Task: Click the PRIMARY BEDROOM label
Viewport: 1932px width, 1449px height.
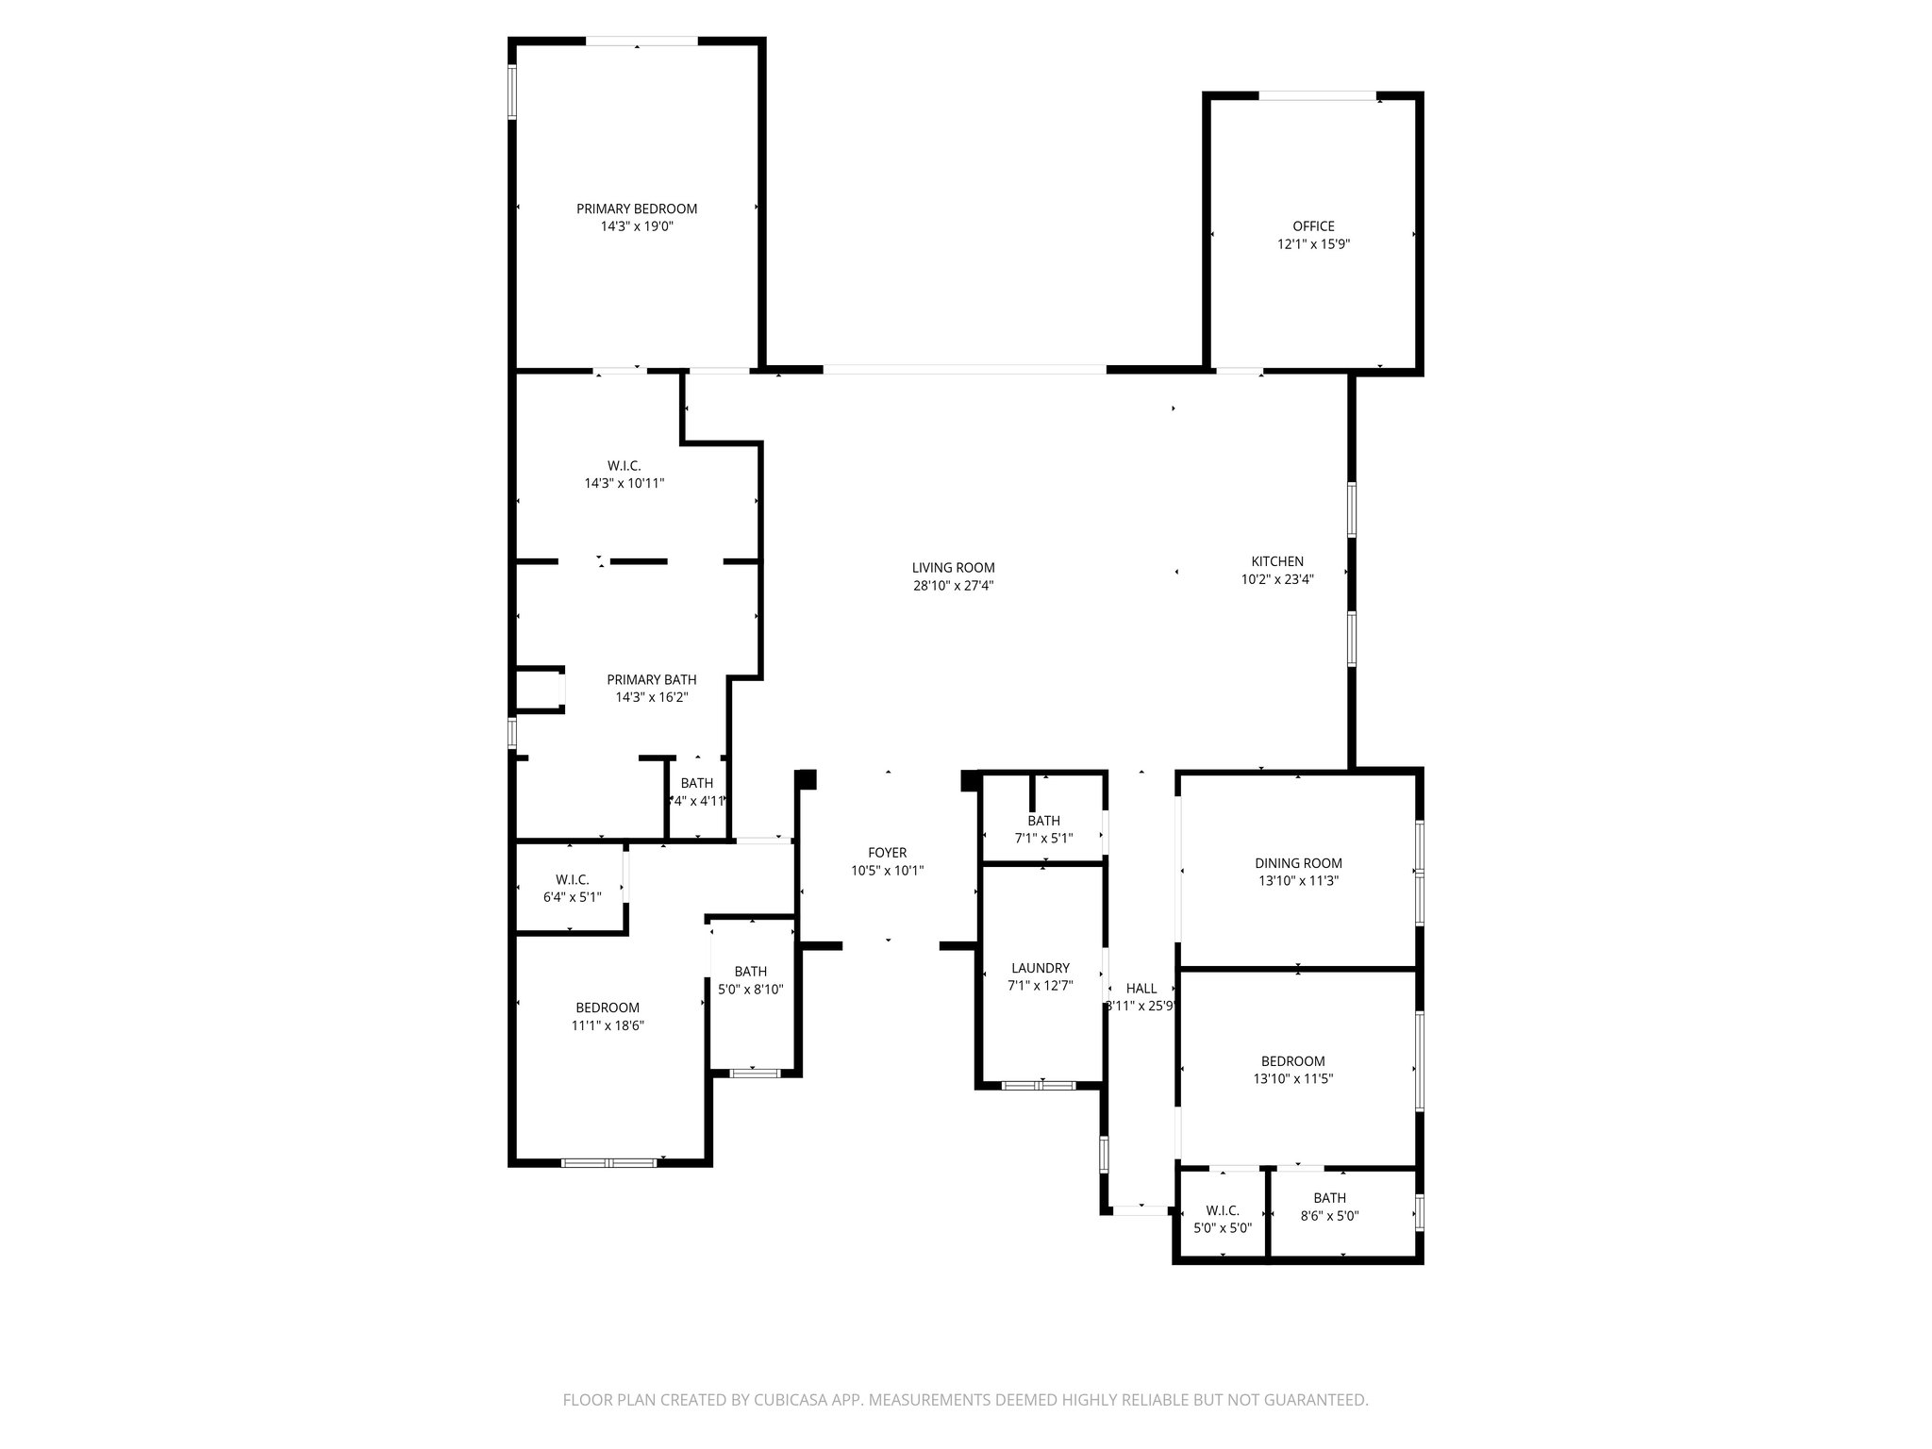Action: tap(637, 208)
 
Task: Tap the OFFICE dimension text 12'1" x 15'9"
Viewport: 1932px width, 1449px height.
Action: tap(1313, 244)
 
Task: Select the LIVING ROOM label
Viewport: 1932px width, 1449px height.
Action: tap(953, 568)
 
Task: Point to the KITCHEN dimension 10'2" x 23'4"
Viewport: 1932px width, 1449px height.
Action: tap(1277, 580)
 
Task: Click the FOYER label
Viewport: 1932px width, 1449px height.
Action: tap(887, 853)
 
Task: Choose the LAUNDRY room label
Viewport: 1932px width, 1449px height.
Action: tap(1040, 968)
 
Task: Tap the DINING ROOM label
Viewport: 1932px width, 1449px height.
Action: tap(1298, 863)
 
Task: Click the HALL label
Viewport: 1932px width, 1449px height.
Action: tap(1141, 989)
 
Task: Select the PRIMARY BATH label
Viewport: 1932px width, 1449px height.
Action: tap(651, 679)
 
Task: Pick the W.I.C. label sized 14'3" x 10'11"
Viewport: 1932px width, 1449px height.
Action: tap(624, 466)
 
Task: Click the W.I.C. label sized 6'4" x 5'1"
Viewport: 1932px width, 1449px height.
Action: tap(572, 880)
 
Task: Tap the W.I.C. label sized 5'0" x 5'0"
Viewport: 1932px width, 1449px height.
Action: tap(1222, 1210)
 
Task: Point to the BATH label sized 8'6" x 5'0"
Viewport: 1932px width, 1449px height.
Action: tap(1329, 1198)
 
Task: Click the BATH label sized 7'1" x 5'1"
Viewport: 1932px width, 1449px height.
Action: tap(1043, 821)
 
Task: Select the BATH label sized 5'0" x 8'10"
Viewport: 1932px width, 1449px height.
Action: tap(750, 972)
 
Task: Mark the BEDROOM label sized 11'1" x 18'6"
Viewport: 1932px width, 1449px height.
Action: tap(608, 1008)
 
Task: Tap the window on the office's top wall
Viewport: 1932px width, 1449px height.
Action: tap(1317, 95)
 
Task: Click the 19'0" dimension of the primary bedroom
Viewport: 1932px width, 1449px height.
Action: tap(656, 226)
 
